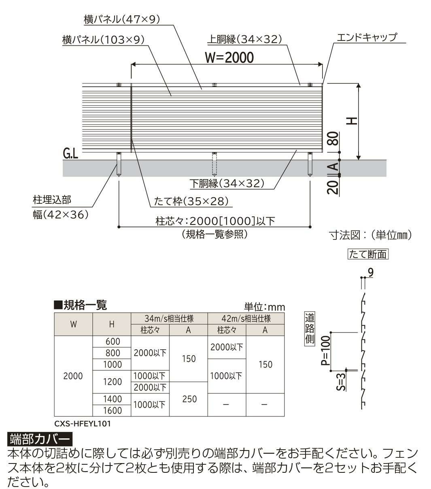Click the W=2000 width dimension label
229,58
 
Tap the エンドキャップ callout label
367,37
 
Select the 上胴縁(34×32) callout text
244,39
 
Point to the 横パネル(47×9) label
122,19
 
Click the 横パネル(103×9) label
103,40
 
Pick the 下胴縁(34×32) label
227,184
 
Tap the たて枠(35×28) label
191,201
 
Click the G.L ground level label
70,154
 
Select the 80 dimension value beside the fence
334,138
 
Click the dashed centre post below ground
214,164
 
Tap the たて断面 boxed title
368,254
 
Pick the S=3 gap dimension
341,382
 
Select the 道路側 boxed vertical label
310,329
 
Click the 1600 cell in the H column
112,410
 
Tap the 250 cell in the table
189,399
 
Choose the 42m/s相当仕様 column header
246,318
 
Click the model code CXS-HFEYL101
83,424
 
